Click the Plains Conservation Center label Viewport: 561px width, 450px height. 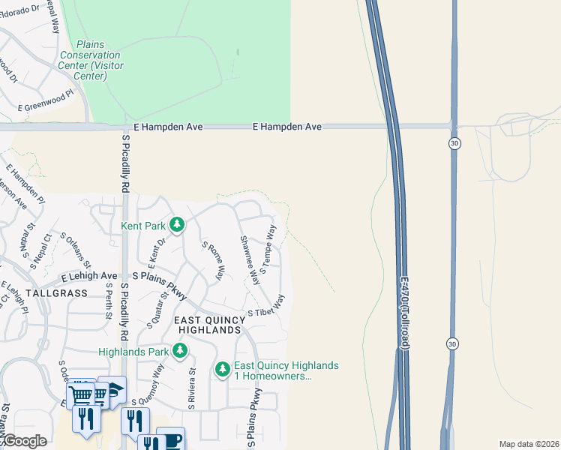(89, 61)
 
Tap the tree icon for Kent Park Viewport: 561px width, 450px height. (177, 224)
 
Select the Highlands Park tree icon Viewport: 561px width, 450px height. (179, 350)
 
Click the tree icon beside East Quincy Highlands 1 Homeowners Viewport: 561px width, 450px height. (222, 369)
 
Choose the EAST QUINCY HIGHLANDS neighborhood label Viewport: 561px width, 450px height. (209, 325)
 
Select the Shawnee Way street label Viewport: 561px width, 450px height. (250, 260)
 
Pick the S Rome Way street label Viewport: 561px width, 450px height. (213, 260)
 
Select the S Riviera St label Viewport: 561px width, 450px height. (192, 387)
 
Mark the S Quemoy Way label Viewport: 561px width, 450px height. (157, 383)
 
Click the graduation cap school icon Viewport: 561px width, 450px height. (112, 389)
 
